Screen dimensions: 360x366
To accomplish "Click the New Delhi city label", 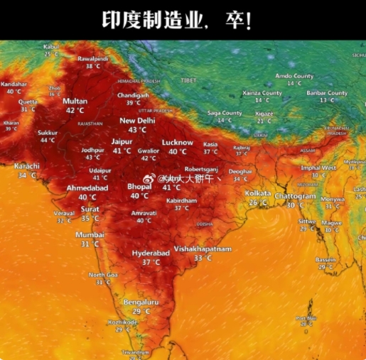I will coord(137,121).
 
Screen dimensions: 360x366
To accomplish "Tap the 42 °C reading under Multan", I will coord(75,110).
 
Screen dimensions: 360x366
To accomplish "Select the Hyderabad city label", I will coord(151,253).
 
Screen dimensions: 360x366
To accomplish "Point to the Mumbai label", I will coord(90,234).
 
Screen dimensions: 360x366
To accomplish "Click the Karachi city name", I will coord(27,166).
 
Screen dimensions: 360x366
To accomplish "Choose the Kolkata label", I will coord(258,193).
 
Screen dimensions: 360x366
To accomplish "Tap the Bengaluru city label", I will coord(141,302).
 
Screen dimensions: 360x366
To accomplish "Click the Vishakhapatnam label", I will coord(203,249).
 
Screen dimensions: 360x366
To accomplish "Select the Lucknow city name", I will coord(177,142).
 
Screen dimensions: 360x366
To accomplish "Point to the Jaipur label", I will coord(122,141).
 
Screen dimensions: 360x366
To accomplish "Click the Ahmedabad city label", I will coord(87,187).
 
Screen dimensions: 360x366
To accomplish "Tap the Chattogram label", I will coord(295,196).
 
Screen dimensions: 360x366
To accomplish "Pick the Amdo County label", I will coord(294,76).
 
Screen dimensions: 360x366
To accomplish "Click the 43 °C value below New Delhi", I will coord(137,130).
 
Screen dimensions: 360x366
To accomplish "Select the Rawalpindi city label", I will coord(92,58).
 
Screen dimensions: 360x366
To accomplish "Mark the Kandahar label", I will coord(14,84).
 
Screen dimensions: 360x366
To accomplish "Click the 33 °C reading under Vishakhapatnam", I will coord(203,258).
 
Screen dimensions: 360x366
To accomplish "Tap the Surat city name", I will coord(90,209).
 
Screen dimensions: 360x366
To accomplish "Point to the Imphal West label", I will coord(318,168).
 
